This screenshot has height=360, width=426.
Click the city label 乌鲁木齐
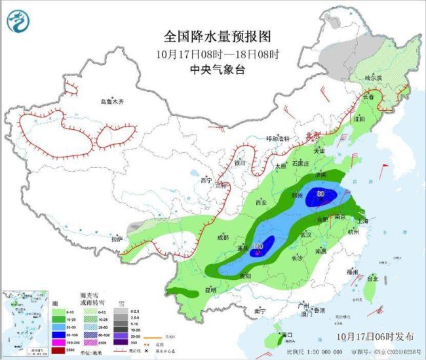[x=111, y=102]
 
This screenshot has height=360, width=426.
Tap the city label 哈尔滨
[x=373, y=77]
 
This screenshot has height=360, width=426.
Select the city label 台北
[x=371, y=278]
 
